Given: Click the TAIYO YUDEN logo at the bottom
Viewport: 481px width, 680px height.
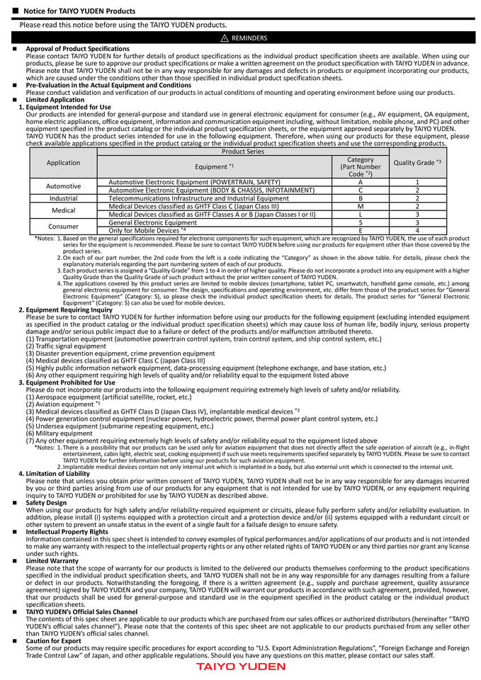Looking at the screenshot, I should coord(240,667).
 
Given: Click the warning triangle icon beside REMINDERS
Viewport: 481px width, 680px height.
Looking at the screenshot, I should coord(224,38).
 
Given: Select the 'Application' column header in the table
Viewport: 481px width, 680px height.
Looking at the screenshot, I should coord(63,162).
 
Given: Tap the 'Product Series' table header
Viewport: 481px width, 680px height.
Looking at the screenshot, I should coord(243,152).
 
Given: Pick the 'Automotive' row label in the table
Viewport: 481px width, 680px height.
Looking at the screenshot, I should coord(63,186).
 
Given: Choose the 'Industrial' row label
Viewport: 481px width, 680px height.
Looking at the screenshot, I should coord(63,198).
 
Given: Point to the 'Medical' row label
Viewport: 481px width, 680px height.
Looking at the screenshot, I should coord(63,210).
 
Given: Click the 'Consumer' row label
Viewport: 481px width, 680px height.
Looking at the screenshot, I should coord(63,227).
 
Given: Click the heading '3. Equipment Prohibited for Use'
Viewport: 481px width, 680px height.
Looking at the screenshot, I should coord(67,382).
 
